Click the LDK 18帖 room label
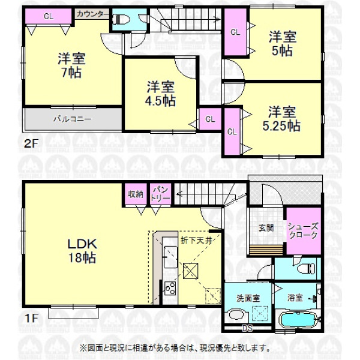click(82, 251)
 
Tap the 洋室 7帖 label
click(71, 65)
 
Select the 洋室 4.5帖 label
click(160, 94)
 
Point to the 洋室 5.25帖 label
click(281, 119)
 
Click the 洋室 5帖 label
click(283, 43)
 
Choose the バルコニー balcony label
click(73, 119)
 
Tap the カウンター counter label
click(92, 14)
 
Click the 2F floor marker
click(31, 144)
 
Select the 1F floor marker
click(31, 318)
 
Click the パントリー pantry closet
click(160, 194)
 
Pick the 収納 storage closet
click(136, 194)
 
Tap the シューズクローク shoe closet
click(303, 231)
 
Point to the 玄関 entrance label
click(266, 228)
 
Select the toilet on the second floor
click(121, 19)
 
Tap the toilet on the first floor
click(306, 268)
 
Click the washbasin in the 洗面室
click(237, 315)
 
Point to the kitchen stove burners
click(170, 289)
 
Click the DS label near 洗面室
click(247, 328)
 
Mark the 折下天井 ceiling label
click(196, 241)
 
